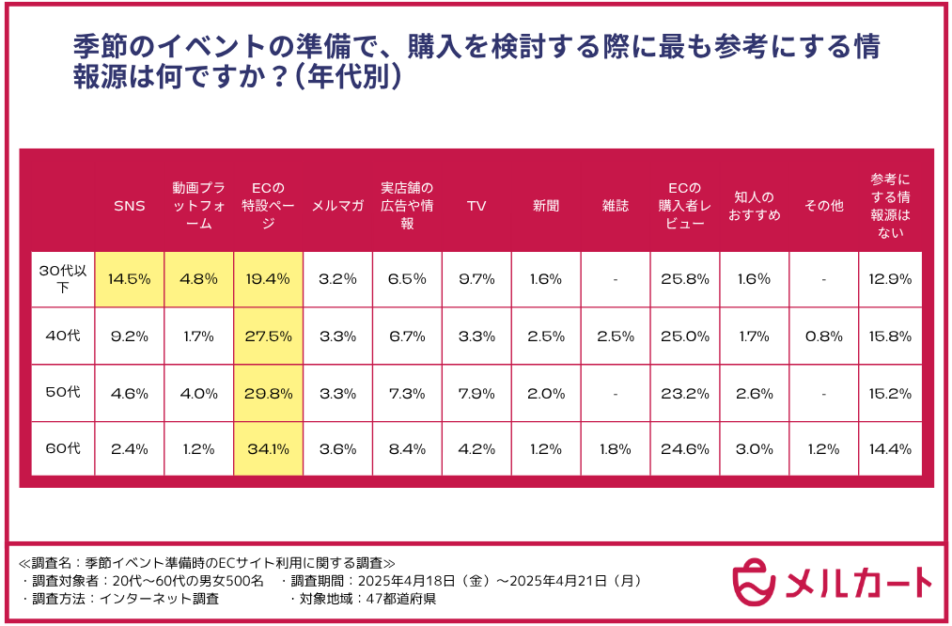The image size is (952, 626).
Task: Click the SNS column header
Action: pyautogui.click(x=130, y=206)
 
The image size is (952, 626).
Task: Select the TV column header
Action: pyautogui.click(x=476, y=206)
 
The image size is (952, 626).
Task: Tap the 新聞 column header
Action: pyautogui.click(x=546, y=206)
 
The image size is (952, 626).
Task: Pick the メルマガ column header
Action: pyautogui.click(x=337, y=206)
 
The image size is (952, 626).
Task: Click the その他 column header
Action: pyautogui.click(x=823, y=206)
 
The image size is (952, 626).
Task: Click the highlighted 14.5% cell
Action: pyautogui.click(x=130, y=279)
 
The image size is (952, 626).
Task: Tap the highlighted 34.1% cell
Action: pyautogui.click(x=268, y=448)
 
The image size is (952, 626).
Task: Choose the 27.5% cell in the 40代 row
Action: pyautogui.click(x=268, y=336)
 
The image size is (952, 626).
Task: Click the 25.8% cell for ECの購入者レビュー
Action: pyautogui.click(x=684, y=279)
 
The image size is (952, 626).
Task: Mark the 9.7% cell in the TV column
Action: pyautogui.click(x=476, y=279)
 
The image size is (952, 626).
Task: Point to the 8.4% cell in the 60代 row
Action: pyautogui.click(x=407, y=448)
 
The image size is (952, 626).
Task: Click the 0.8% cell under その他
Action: pyautogui.click(x=823, y=336)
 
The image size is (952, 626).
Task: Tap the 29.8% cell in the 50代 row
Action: pyautogui.click(x=268, y=393)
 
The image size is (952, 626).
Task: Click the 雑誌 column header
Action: pyautogui.click(x=615, y=206)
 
